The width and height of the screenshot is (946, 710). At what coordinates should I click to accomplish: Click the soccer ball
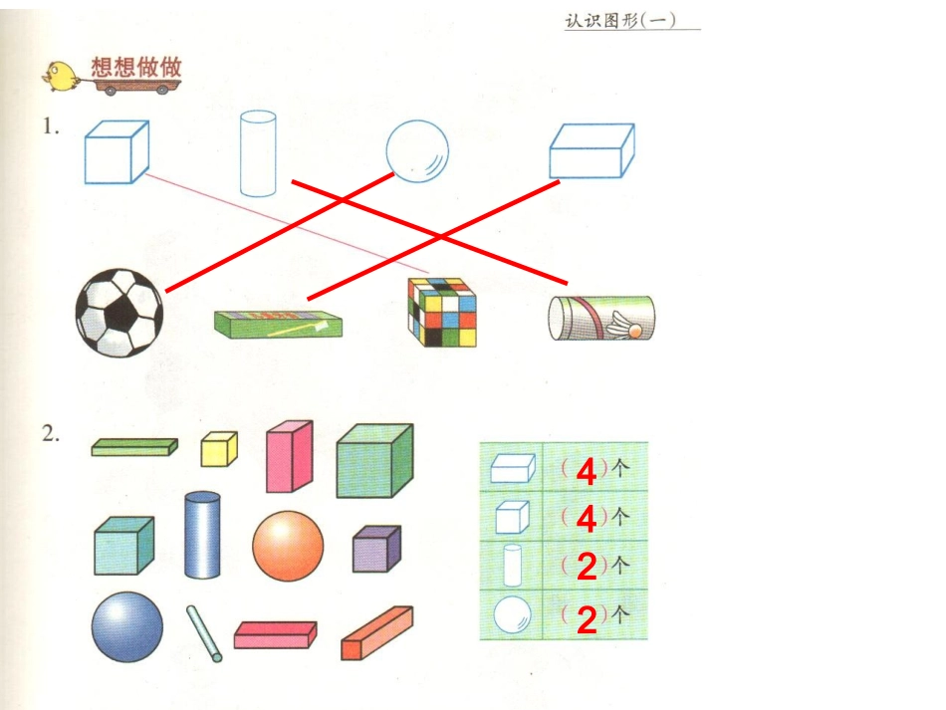pos(119,312)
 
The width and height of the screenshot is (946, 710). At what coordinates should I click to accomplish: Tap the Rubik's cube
pos(441,313)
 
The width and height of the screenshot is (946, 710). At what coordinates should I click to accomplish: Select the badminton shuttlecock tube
pos(601,318)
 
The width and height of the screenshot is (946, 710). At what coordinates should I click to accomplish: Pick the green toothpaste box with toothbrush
pos(278,323)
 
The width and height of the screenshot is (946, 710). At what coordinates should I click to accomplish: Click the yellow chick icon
pos(63,75)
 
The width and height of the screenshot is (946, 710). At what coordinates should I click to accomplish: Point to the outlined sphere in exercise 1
pos(417,149)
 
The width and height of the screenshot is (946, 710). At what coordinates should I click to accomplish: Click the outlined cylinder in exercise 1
pos(257,152)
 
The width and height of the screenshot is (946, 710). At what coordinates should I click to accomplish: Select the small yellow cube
pos(219,449)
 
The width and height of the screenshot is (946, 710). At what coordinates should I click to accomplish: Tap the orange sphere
pos(288,546)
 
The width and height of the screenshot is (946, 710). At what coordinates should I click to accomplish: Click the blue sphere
pos(127,627)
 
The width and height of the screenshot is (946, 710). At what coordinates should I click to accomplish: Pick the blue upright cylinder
pos(202,534)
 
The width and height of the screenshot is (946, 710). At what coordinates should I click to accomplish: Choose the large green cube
pos(374,460)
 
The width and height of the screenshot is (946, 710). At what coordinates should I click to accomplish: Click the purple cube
pos(376,549)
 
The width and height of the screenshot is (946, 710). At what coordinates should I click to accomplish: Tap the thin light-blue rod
pos(204,633)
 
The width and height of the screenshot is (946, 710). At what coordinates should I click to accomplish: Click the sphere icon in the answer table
pos(512,615)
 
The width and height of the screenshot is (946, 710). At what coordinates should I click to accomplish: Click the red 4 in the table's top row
pos(586,472)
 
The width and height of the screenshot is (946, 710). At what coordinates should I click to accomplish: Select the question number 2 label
pos(51,433)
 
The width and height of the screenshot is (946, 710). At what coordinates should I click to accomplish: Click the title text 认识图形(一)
pos(618,20)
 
